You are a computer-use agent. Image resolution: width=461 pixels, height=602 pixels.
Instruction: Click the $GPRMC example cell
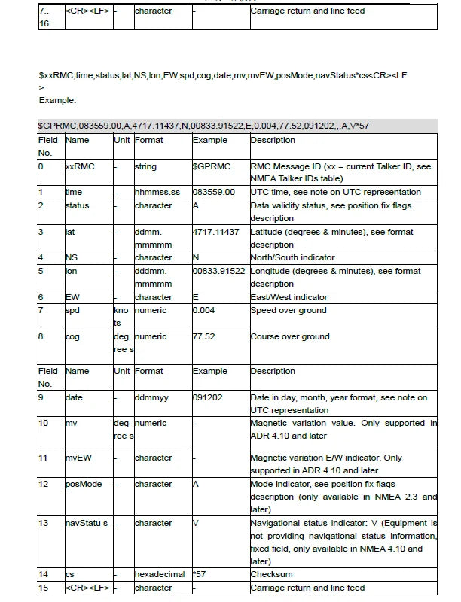click(212, 166)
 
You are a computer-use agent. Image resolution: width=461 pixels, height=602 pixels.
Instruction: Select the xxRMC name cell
click(80, 166)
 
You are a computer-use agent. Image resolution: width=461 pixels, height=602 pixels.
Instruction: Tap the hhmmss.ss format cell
click(157, 193)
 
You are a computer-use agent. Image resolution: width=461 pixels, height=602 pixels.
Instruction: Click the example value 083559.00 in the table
click(214, 193)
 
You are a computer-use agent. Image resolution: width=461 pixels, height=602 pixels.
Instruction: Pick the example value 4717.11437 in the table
click(216, 232)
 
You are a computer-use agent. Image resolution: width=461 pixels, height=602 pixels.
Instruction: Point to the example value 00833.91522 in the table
click(218, 271)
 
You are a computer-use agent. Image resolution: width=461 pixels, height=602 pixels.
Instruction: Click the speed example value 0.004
click(206, 310)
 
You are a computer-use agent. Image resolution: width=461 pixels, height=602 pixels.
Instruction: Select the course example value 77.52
click(204, 336)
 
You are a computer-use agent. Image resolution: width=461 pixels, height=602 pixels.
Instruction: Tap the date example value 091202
click(208, 397)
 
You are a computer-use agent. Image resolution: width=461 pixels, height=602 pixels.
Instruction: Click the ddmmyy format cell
click(152, 397)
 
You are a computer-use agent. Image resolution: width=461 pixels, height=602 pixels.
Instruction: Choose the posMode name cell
click(83, 484)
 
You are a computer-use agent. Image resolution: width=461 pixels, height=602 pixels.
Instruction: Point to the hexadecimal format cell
click(160, 575)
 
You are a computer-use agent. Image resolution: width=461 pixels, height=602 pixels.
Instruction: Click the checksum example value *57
click(200, 575)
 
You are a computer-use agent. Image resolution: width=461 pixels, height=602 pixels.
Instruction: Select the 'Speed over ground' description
click(289, 310)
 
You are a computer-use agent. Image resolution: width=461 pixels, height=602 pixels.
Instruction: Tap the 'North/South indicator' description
click(292, 257)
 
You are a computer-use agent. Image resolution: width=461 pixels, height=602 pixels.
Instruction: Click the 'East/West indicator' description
click(289, 297)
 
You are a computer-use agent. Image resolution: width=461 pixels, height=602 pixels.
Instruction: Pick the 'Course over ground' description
click(290, 336)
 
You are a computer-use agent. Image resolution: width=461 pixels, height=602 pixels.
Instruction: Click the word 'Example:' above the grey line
click(57, 99)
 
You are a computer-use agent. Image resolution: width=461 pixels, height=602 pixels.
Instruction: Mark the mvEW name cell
click(78, 458)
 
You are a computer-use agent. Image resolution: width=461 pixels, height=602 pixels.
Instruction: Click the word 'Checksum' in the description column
click(272, 575)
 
